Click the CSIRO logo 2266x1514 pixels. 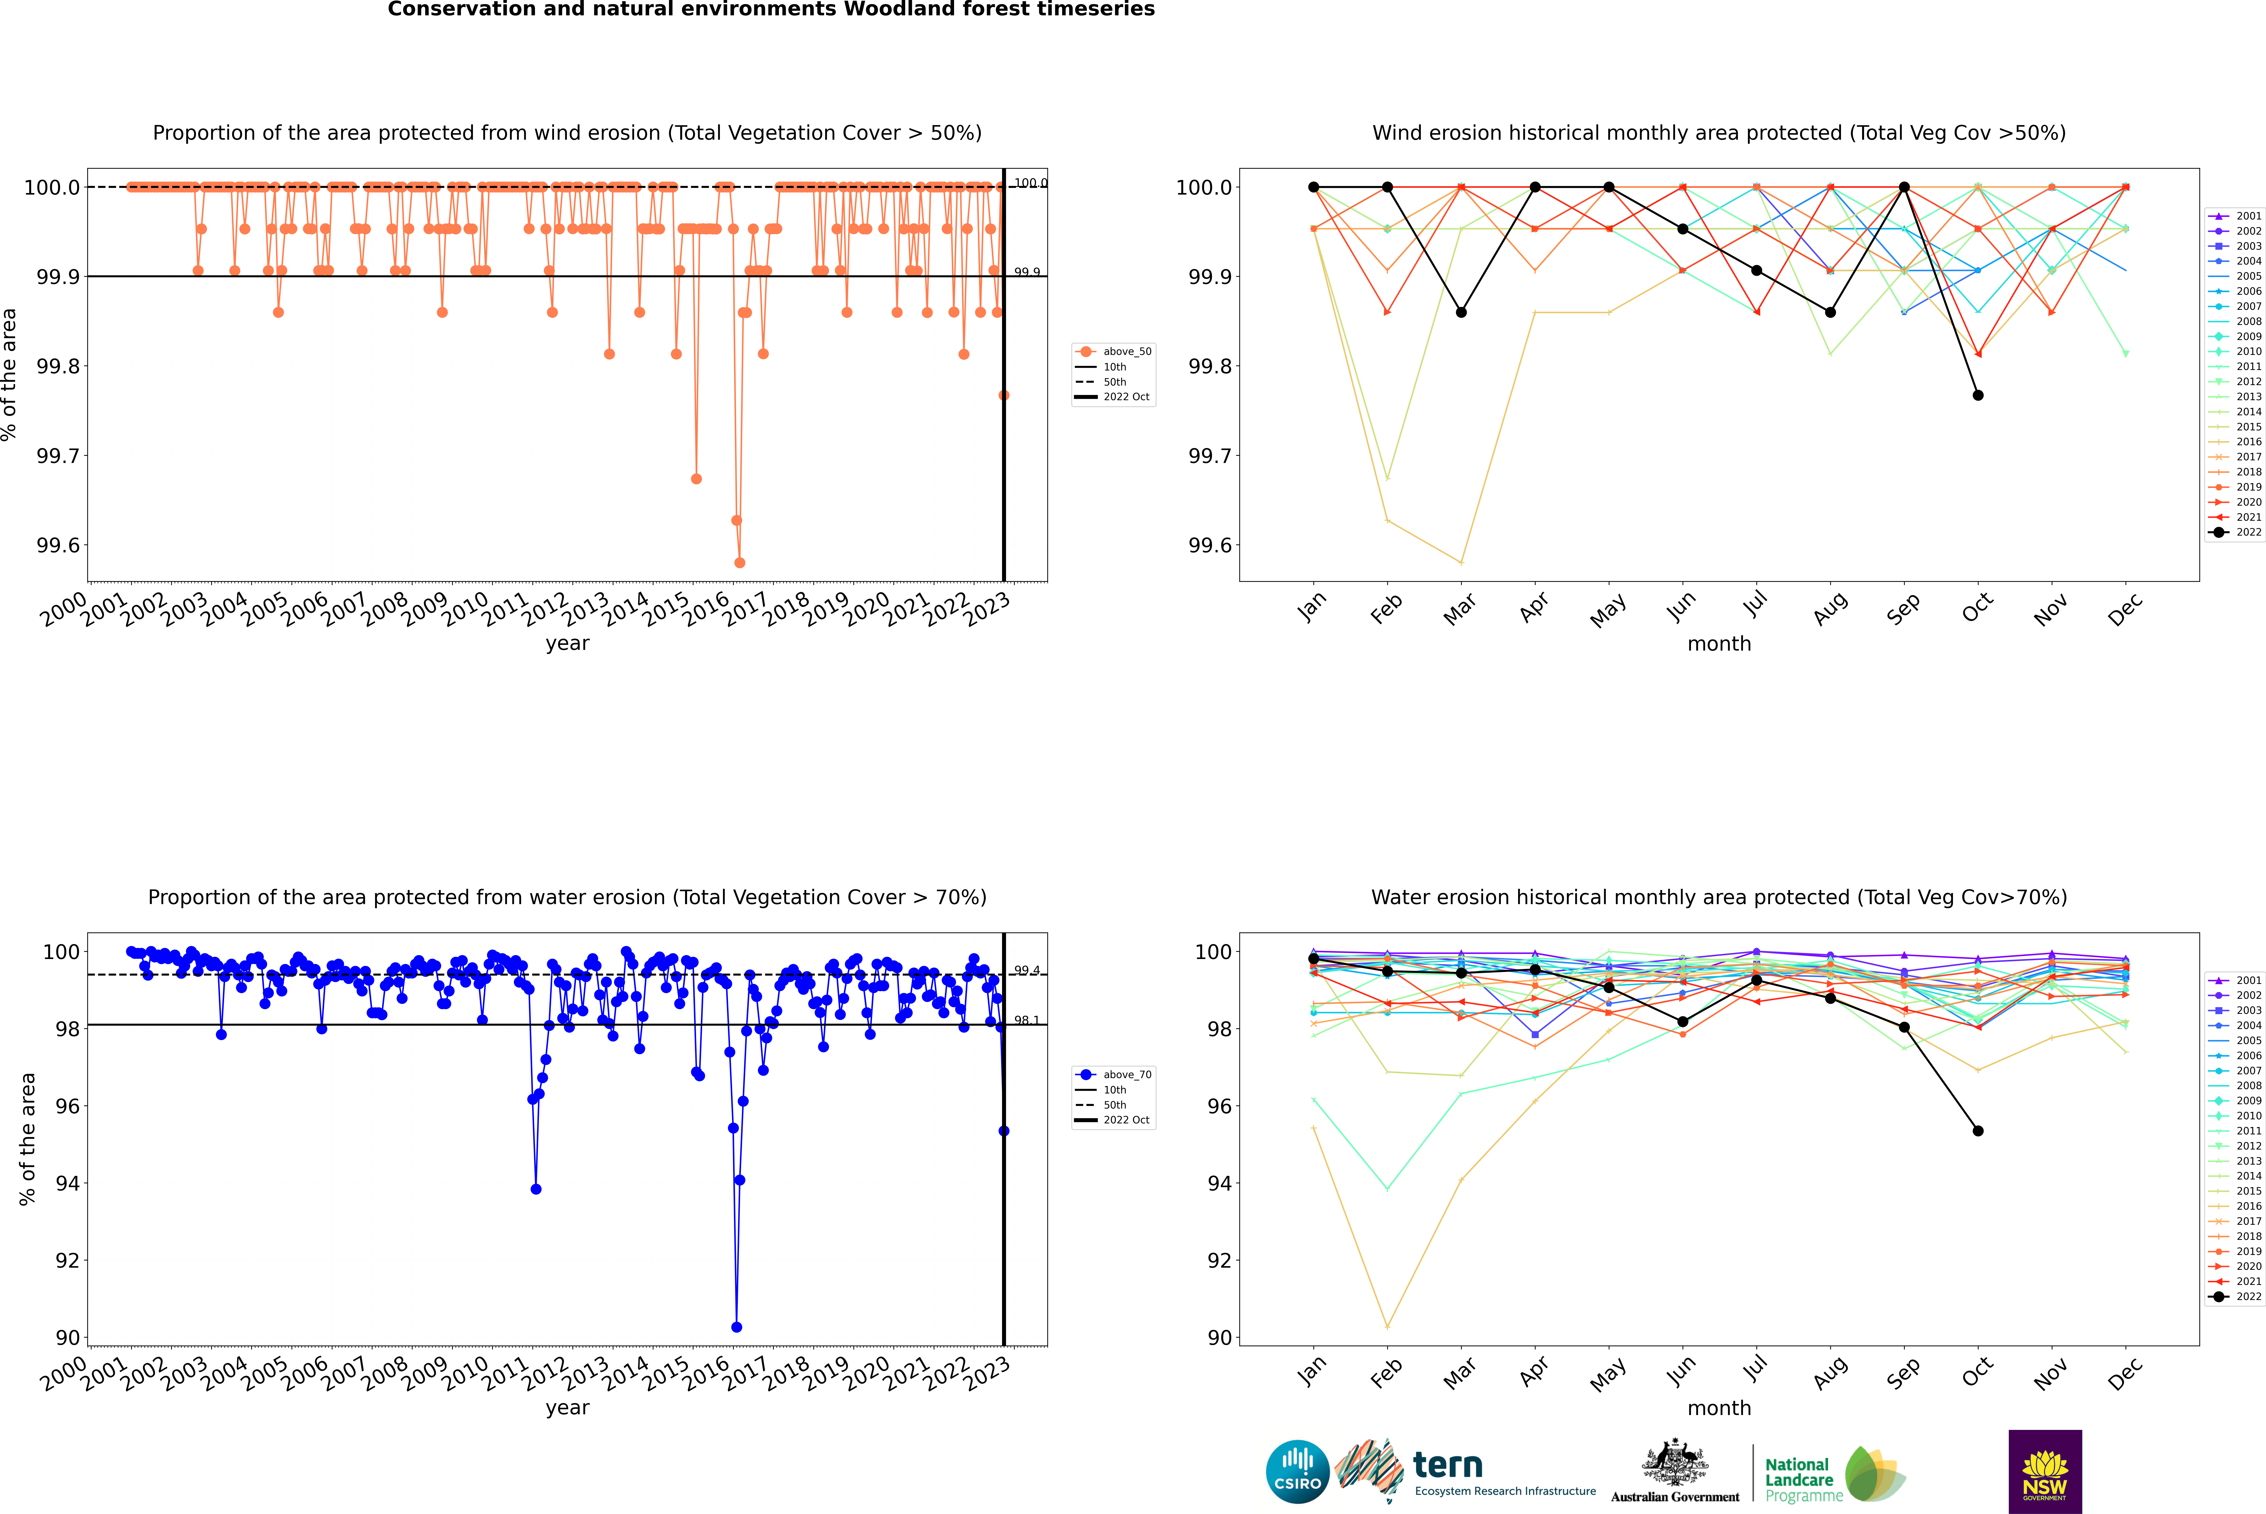1297,1472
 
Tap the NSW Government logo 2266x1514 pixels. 2045,1472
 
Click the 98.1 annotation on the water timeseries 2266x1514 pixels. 1027,1021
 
